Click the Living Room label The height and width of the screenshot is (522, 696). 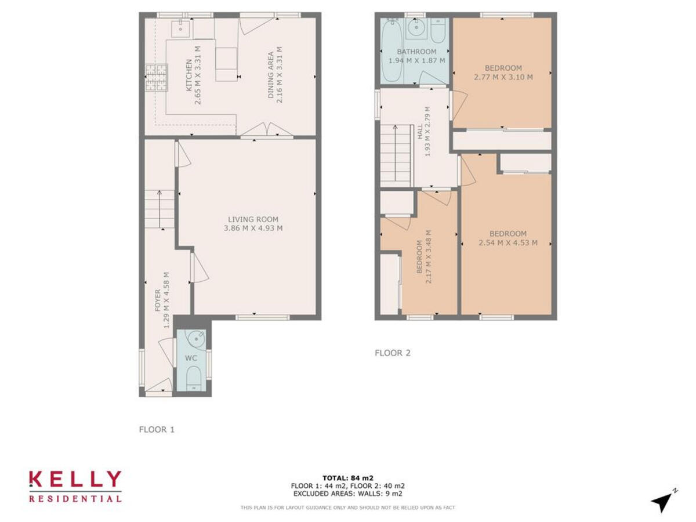click(x=253, y=223)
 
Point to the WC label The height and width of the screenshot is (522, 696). click(x=191, y=358)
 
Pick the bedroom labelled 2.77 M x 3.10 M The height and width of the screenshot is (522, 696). click(x=503, y=72)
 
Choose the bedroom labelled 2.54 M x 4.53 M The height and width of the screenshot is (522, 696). click(x=507, y=238)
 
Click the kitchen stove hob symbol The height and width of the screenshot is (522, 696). click(x=155, y=78)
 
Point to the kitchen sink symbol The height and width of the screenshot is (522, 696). click(x=180, y=26)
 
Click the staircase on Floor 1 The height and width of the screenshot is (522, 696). click(x=159, y=209)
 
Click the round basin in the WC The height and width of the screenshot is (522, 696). click(x=198, y=337)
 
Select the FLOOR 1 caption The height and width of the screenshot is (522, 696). click(x=157, y=430)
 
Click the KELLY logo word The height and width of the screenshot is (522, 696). click(x=75, y=479)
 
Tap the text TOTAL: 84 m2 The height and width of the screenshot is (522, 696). click(x=347, y=478)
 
